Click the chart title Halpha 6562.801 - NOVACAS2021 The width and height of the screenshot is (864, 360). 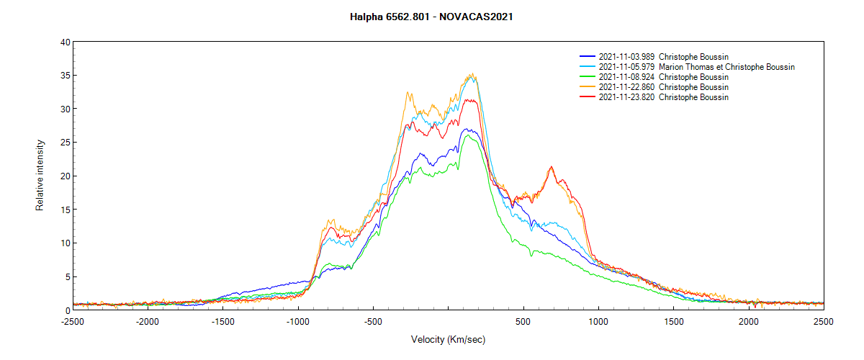click(x=431, y=17)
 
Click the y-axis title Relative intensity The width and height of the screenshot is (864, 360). click(x=40, y=176)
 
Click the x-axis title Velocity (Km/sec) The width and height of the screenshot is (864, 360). click(x=449, y=339)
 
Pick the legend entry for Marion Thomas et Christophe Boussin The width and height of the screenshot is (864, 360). click(x=726, y=67)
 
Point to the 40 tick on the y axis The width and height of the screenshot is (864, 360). click(x=66, y=42)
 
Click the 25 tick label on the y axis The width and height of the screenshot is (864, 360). click(x=66, y=143)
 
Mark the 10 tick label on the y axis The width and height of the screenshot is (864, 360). click(x=66, y=243)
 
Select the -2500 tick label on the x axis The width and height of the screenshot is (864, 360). click(x=73, y=322)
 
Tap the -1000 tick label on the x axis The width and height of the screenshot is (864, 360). click(x=298, y=322)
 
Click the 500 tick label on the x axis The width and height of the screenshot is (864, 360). click(x=523, y=322)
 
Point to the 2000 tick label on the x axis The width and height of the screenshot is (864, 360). click(x=749, y=322)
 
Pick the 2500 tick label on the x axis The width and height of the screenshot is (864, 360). click(x=824, y=322)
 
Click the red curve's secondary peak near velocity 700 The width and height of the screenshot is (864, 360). click(x=552, y=167)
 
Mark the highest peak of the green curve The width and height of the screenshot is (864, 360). click(x=468, y=135)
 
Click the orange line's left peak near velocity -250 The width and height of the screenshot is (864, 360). click(x=408, y=92)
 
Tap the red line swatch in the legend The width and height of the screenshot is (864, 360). click(x=588, y=97)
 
